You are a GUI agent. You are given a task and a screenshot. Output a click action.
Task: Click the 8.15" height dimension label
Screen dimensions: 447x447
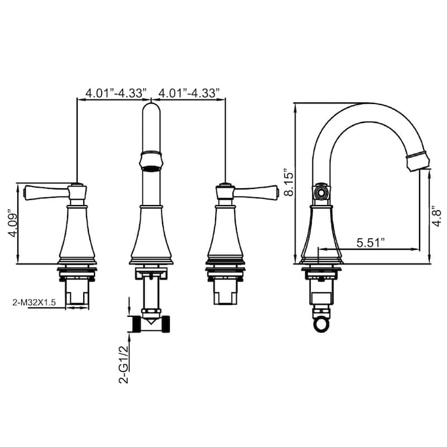tap(289, 184)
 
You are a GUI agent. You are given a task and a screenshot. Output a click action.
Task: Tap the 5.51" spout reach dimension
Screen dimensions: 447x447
tap(370, 242)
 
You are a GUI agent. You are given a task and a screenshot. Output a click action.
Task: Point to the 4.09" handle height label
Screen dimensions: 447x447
tap(13, 224)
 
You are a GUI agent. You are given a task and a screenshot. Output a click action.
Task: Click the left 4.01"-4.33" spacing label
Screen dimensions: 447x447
tap(116, 93)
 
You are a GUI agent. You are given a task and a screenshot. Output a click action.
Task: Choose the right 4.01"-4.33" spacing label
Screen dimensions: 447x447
tap(189, 93)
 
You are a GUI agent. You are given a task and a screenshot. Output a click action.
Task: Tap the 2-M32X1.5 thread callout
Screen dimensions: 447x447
tap(34, 302)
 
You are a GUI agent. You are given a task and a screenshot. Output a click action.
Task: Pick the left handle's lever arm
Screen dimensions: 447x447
tap(46, 192)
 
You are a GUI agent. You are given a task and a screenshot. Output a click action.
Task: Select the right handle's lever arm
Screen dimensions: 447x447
tap(256, 192)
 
